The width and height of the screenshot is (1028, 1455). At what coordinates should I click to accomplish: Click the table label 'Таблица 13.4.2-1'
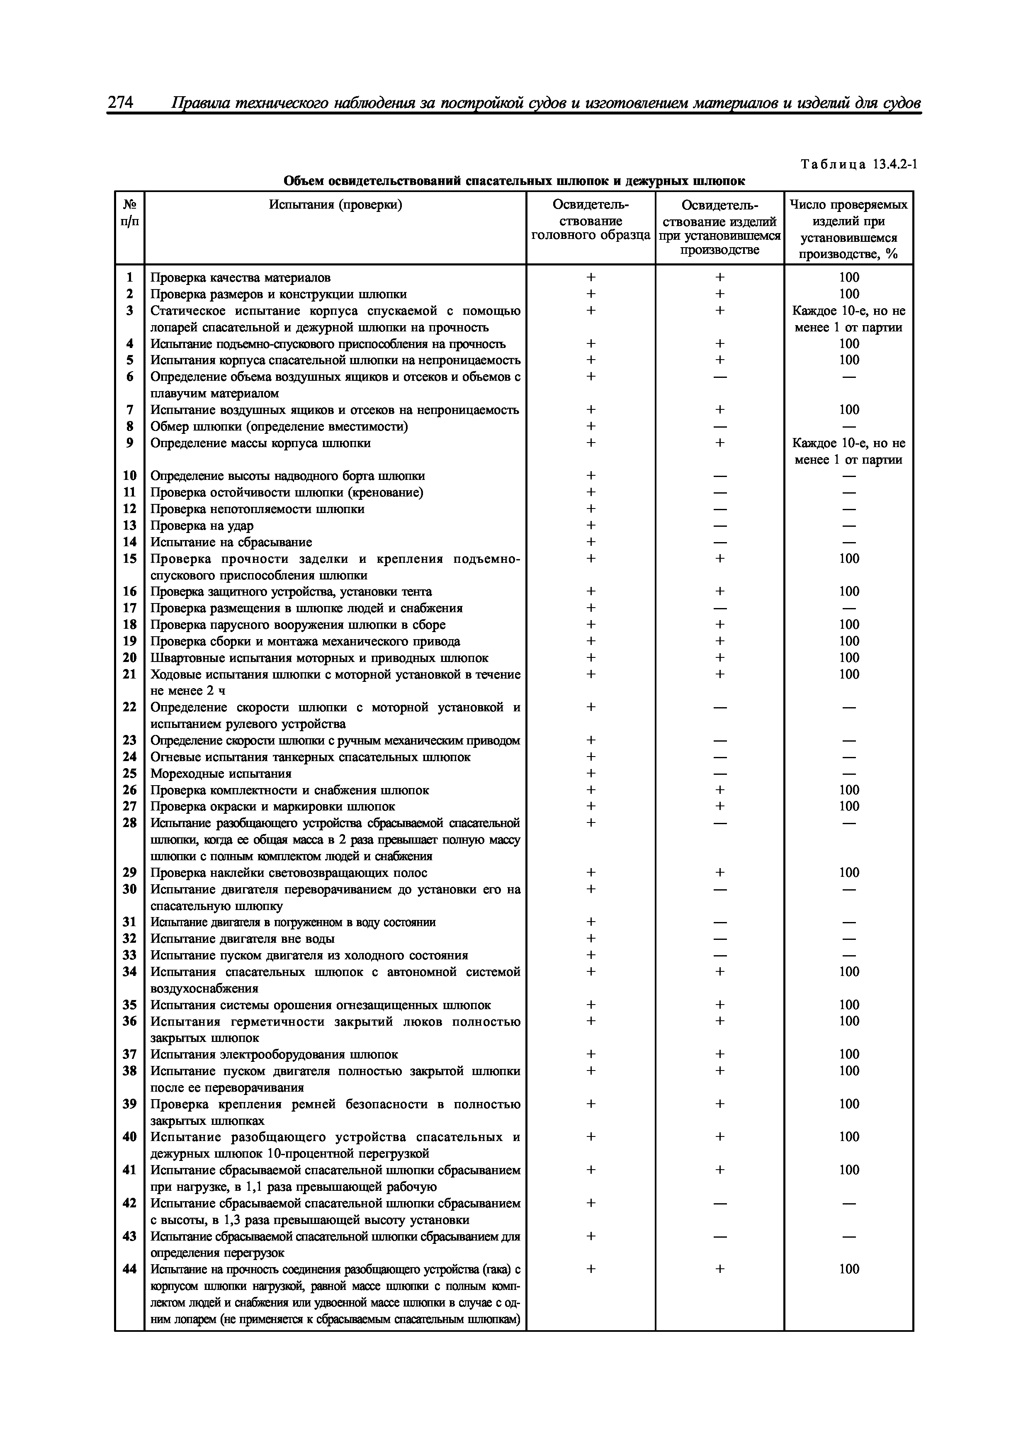[x=859, y=164]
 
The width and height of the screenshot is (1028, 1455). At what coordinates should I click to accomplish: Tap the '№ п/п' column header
[x=130, y=213]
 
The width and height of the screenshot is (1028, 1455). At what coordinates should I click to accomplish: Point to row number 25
[x=130, y=773]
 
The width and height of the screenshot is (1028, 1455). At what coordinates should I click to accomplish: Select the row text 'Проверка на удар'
[x=202, y=526]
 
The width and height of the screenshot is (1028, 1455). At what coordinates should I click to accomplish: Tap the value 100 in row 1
[x=849, y=277]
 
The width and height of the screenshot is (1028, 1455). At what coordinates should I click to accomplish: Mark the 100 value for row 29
[x=849, y=873]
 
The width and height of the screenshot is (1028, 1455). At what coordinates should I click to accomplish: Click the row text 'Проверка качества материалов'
[x=240, y=277]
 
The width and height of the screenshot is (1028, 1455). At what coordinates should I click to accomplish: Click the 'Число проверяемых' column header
[x=849, y=205]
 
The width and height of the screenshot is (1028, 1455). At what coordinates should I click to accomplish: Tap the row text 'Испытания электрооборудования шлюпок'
[x=274, y=1054]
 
